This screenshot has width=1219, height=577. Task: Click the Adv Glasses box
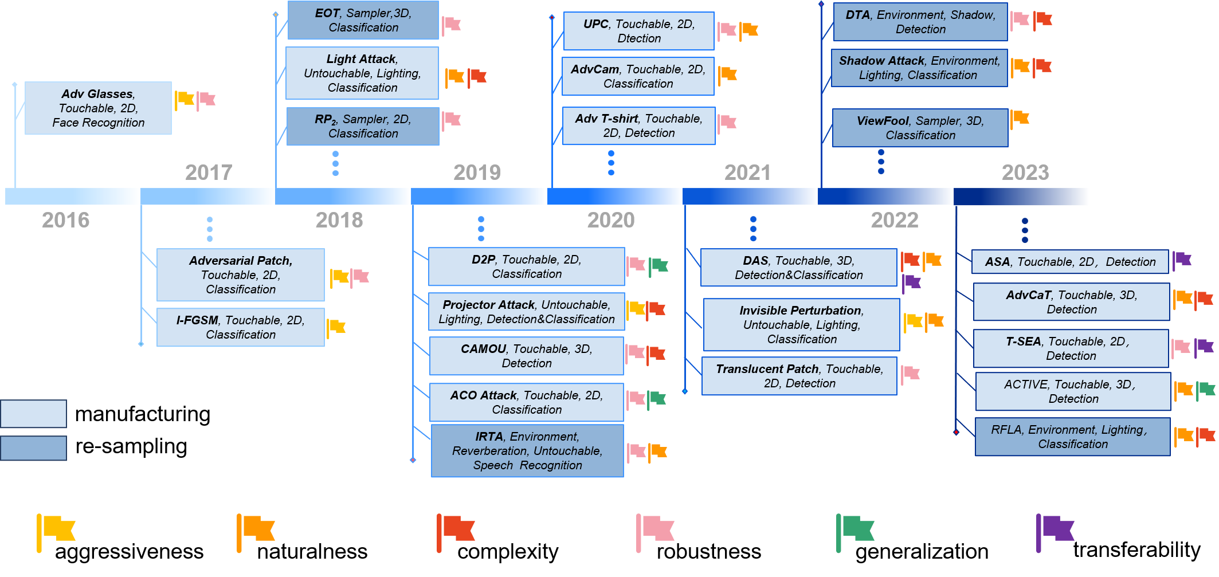click(x=98, y=108)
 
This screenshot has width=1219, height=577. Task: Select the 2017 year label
click(x=209, y=172)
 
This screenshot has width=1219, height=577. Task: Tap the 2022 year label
click(x=895, y=220)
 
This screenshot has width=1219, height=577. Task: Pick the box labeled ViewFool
click(x=920, y=128)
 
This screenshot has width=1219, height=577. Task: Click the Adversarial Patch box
click(x=241, y=275)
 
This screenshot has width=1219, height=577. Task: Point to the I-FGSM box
click(x=241, y=327)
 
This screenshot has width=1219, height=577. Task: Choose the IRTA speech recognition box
click(x=527, y=451)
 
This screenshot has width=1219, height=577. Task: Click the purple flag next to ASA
click(x=1182, y=260)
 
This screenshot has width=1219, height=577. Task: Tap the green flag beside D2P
click(x=659, y=266)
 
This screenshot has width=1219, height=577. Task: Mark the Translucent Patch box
click(x=799, y=376)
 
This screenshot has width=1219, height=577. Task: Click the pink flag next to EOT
click(x=451, y=25)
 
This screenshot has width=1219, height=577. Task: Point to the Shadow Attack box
click(x=919, y=68)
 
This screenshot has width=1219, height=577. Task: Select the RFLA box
click(x=1072, y=437)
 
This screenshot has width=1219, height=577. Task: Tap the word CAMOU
click(x=483, y=349)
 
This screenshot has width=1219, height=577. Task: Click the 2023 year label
click(x=1025, y=172)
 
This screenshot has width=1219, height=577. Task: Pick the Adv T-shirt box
click(x=638, y=126)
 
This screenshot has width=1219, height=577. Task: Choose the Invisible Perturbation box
click(x=801, y=325)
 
